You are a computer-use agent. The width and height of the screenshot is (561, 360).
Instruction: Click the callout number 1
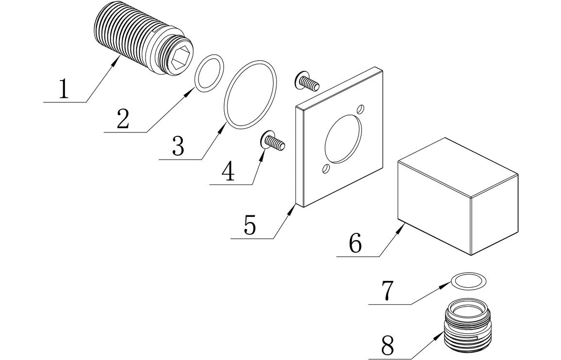pos(64,89)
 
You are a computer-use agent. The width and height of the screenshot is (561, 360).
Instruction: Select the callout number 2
pos(123,119)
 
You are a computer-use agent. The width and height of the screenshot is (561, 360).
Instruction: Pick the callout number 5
pos(249,226)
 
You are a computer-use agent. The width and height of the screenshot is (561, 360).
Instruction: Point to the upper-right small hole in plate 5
pos(360,109)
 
